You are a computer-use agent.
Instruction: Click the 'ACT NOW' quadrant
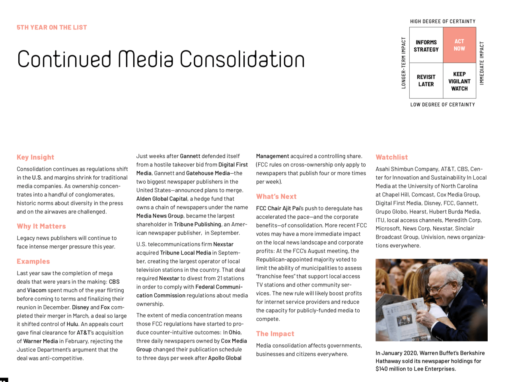point(459,45)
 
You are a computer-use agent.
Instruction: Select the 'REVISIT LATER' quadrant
point(426,80)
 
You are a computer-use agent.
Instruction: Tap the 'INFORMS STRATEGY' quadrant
point(426,46)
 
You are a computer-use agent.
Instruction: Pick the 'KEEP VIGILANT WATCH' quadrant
point(459,81)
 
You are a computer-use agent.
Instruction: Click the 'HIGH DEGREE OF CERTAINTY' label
point(443,22)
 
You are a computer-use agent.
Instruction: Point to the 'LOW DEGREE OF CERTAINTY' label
point(443,105)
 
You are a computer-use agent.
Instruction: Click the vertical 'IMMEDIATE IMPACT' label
point(482,63)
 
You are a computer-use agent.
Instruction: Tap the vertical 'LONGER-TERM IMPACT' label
point(404,63)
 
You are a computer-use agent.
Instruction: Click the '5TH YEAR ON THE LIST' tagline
point(52,27)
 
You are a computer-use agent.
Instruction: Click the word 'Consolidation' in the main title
point(242,60)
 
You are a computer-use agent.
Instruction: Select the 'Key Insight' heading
point(35,157)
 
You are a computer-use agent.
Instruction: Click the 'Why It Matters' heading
point(41,226)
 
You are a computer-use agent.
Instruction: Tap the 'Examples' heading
point(33,261)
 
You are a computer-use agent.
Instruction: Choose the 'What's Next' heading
point(276,196)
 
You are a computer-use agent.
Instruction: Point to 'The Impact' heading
point(275,334)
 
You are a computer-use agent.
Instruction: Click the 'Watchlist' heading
point(392,157)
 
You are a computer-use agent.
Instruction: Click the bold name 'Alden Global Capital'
point(162,199)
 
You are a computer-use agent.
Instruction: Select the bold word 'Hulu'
point(72,324)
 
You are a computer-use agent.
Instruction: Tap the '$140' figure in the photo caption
point(382,369)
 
